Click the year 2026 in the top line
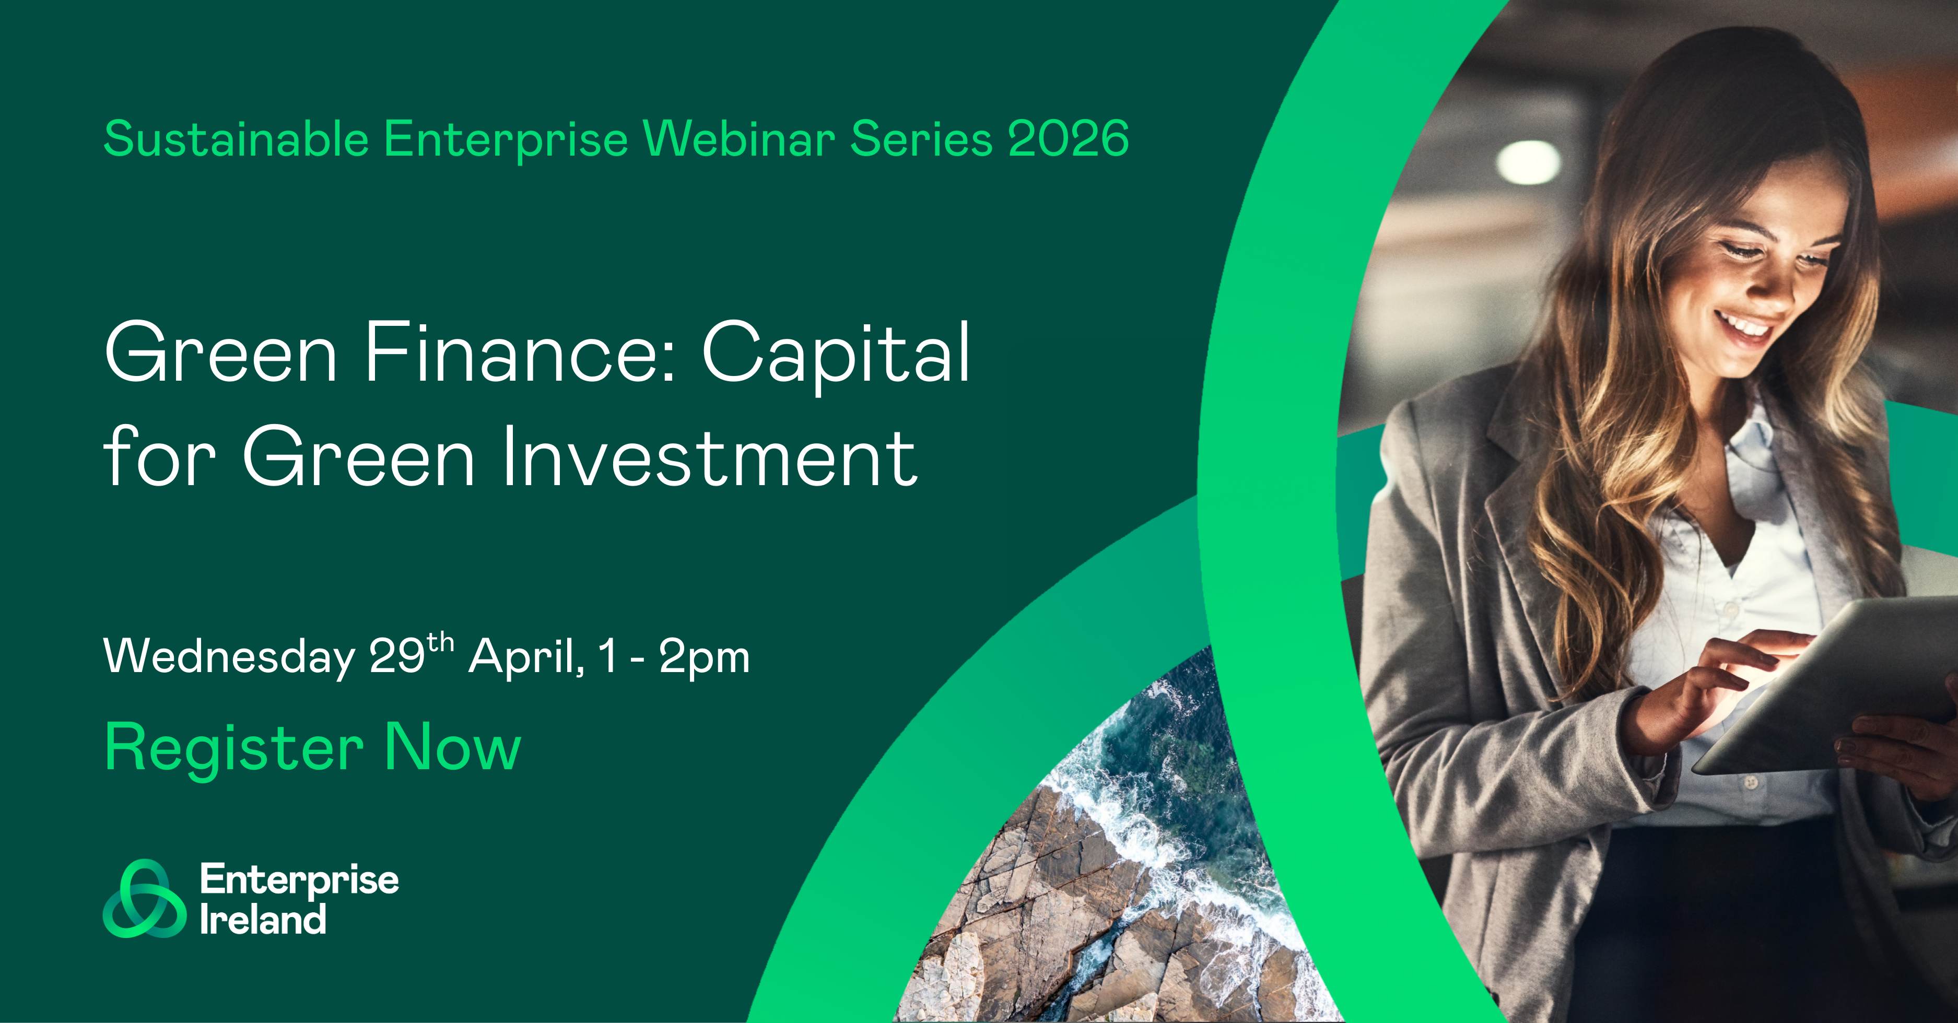(x=1068, y=139)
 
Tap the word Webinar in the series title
(x=739, y=139)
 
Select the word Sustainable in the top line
(x=237, y=139)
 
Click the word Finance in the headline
(x=521, y=352)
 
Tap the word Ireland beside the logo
(x=263, y=919)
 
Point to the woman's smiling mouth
(x=1742, y=325)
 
